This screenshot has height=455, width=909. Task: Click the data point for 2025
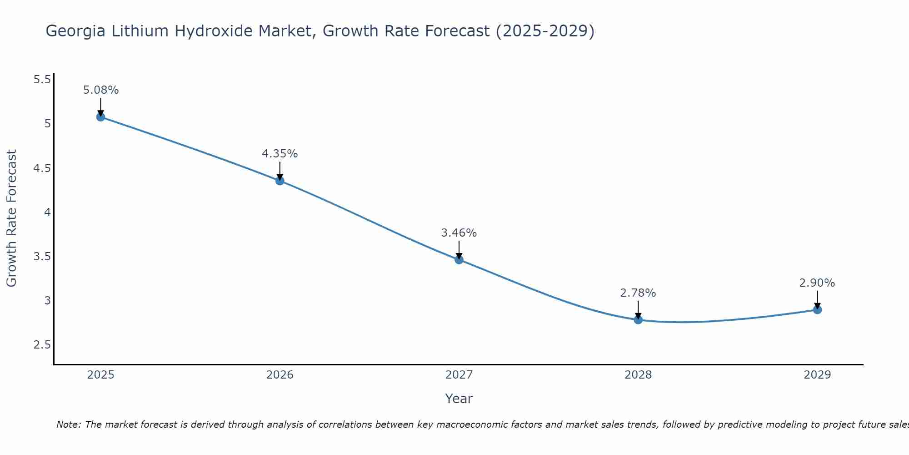[100, 117]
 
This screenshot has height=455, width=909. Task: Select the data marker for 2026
[280, 181]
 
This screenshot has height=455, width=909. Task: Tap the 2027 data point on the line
[459, 260]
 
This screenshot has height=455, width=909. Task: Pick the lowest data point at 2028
[638, 319]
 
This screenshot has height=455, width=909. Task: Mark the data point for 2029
[817, 310]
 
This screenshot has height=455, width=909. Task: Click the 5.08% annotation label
[101, 90]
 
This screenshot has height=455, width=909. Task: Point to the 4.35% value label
[280, 154]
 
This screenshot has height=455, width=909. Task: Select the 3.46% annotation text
[459, 233]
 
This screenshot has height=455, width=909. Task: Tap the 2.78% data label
[638, 293]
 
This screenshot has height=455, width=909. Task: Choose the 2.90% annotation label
[817, 283]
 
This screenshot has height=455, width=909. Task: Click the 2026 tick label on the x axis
[280, 375]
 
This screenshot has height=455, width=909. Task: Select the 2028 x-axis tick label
[638, 375]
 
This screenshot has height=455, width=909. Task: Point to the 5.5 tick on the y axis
[42, 80]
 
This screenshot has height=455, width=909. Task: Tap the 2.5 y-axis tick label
[42, 344]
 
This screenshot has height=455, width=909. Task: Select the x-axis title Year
[459, 399]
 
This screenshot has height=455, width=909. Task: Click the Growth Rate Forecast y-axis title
[11, 218]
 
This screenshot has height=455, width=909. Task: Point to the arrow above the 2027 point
[459, 249]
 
